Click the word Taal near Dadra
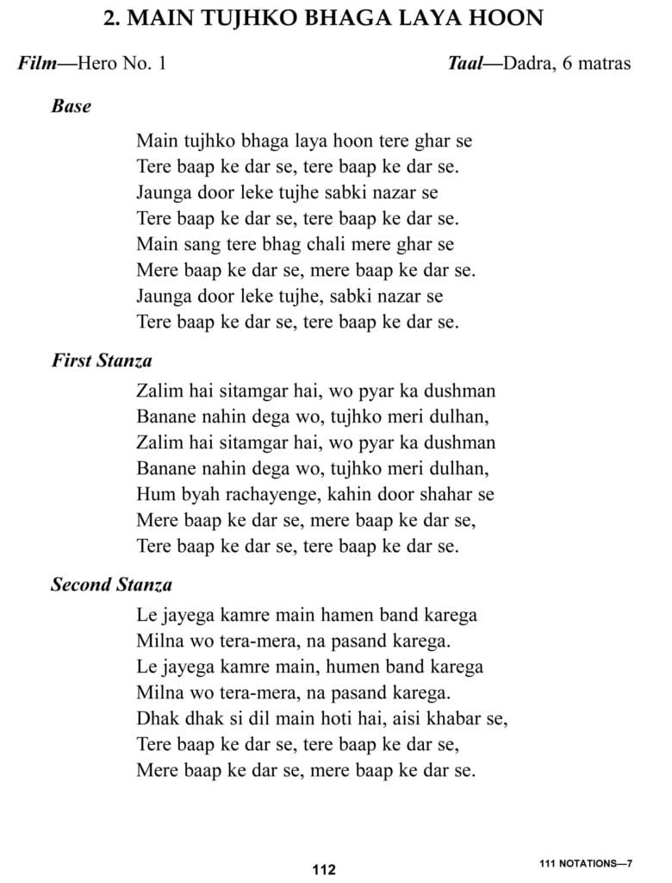(x=468, y=65)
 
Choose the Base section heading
(x=72, y=108)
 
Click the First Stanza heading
(x=102, y=360)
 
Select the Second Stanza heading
(x=111, y=585)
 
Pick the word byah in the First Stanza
(x=193, y=495)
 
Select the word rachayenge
(x=264, y=495)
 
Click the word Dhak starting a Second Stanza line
(x=155, y=719)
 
